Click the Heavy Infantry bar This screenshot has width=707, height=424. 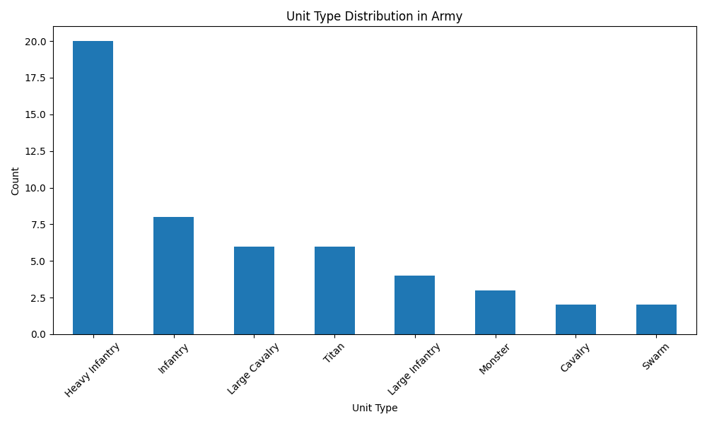(x=93, y=187)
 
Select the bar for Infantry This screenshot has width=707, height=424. (x=173, y=276)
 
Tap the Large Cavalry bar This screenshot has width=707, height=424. (x=254, y=290)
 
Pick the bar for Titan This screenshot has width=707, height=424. (x=334, y=290)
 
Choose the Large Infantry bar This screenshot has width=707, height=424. (x=414, y=305)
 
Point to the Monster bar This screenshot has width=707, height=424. (x=495, y=312)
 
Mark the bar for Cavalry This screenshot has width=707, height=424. (x=575, y=319)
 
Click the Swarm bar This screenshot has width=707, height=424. (x=656, y=319)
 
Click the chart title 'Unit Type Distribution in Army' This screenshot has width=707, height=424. (x=374, y=16)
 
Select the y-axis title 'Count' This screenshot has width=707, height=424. (x=16, y=181)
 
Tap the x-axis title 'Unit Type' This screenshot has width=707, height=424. (x=375, y=408)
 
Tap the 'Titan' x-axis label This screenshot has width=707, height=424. (x=334, y=353)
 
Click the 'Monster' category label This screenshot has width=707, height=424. (x=495, y=358)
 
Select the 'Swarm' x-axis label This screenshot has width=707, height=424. (x=655, y=355)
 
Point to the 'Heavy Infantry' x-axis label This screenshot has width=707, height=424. (x=93, y=369)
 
